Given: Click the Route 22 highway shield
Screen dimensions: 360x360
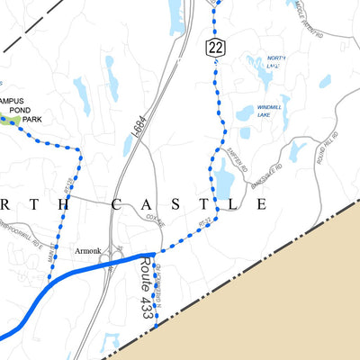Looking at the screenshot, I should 213,49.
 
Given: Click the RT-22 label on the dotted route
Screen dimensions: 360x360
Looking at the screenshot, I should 204,220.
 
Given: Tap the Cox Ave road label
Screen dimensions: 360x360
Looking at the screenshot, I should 155,220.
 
